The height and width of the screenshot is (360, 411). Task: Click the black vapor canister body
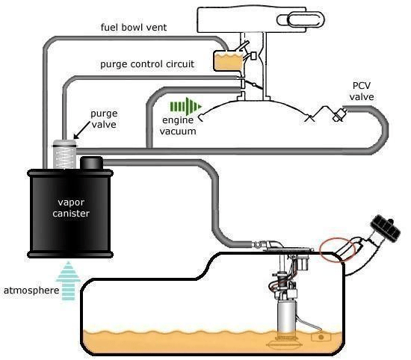point(70,214)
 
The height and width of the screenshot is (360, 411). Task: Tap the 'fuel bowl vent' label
point(134,27)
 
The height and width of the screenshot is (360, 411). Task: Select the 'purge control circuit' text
point(147,64)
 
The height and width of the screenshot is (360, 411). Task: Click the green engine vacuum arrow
point(186,106)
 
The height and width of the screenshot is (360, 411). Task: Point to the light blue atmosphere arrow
point(68,281)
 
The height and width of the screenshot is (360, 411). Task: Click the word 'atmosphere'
point(31,291)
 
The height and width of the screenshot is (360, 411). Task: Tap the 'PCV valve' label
point(362,91)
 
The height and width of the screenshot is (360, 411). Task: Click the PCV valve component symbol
point(339,114)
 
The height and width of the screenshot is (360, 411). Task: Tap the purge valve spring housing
point(64,155)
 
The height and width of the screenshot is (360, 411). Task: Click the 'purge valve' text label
point(104,119)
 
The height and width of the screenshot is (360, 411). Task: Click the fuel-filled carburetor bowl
point(229,60)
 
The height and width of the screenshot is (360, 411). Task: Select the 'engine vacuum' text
point(178,125)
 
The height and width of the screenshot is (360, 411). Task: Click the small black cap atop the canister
point(91,163)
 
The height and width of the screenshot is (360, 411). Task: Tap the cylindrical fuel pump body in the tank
point(286,317)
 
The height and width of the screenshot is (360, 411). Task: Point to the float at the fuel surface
point(321,337)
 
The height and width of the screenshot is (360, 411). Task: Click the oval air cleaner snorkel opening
point(304,19)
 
